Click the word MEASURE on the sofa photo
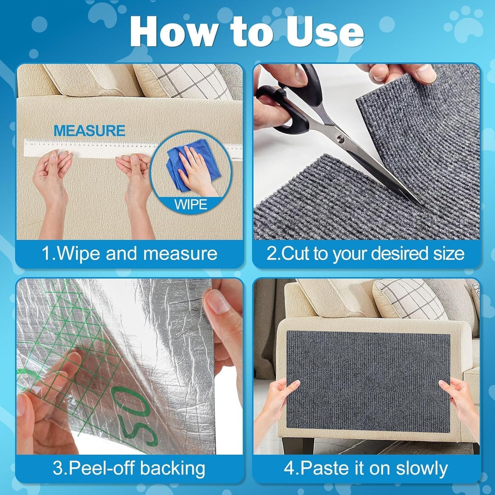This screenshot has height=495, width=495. [89, 131]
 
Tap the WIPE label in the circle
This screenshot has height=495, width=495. [190, 205]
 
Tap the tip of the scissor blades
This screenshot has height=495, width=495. [420, 203]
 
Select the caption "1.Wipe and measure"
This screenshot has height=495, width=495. [129, 254]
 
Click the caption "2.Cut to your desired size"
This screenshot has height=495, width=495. [366, 254]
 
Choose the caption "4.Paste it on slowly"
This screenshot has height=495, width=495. [366, 468]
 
